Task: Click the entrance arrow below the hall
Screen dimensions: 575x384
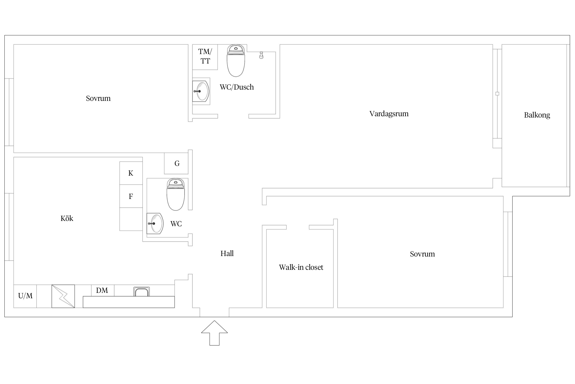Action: click(x=214, y=333)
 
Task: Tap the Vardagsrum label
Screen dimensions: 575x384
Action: click(x=389, y=114)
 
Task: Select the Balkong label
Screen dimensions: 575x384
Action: click(x=537, y=115)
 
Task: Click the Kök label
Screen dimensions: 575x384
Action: click(x=67, y=218)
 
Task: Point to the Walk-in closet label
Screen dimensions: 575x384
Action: click(x=301, y=267)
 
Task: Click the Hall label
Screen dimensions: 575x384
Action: click(x=227, y=253)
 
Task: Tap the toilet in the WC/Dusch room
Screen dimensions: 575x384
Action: click(x=236, y=60)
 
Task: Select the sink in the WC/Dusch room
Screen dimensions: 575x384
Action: click(x=201, y=91)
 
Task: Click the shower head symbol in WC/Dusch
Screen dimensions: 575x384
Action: click(x=261, y=55)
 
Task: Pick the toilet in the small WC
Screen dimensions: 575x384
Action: click(x=176, y=195)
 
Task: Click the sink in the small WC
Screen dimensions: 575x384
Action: click(x=155, y=223)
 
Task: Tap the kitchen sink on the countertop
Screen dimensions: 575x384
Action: click(x=142, y=292)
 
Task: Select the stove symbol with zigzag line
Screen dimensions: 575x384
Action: click(x=63, y=296)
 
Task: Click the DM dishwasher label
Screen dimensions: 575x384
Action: click(x=102, y=290)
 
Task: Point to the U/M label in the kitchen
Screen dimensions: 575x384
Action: click(x=25, y=296)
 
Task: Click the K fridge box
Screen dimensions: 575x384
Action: click(x=131, y=173)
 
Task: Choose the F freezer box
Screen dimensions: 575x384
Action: click(x=131, y=196)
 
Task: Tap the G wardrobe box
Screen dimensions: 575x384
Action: click(x=176, y=163)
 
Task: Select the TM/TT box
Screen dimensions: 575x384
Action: click(x=205, y=57)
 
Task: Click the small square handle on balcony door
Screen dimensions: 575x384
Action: click(x=497, y=94)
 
